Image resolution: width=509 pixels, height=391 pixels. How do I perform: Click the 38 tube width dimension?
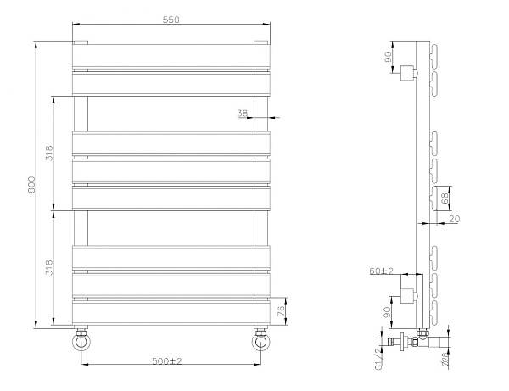click(x=243, y=113)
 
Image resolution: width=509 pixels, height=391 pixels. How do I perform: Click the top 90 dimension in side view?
click(x=389, y=59)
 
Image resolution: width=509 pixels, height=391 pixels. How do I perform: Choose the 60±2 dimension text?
click(x=380, y=271)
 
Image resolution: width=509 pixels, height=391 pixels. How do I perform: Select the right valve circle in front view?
click(x=260, y=343)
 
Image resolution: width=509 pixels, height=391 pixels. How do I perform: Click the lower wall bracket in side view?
click(x=410, y=297)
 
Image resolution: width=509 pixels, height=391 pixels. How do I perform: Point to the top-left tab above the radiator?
click(x=81, y=42)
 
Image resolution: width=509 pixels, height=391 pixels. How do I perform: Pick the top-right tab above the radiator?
click(x=260, y=42)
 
